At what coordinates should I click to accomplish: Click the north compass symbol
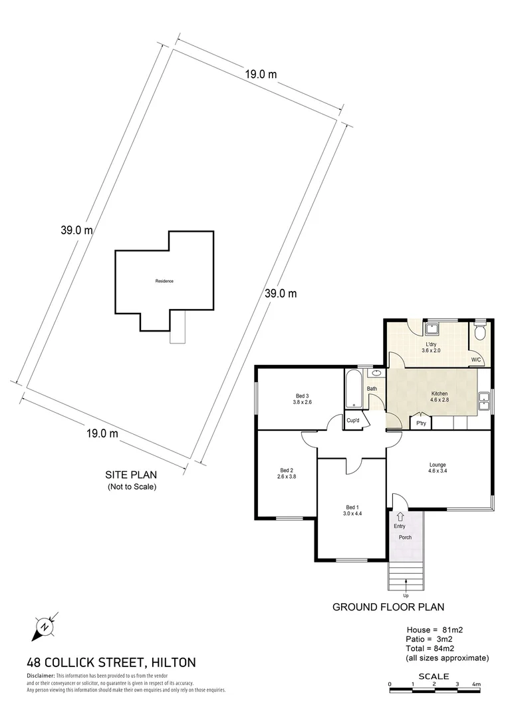(45, 626)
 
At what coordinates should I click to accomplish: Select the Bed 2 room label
(287, 473)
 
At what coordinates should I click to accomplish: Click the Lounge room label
(438, 468)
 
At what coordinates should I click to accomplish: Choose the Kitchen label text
(439, 397)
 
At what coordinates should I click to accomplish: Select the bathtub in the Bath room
(352, 389)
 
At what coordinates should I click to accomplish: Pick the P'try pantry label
(420, 423)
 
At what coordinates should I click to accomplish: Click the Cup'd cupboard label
(353, 421)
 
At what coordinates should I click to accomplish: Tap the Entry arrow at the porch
(400, 516)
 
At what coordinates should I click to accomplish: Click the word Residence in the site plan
(164, 281)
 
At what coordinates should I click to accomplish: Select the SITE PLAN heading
(132, 475)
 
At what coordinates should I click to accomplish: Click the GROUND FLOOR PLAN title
(388, 606)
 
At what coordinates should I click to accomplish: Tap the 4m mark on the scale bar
(476, 684)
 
